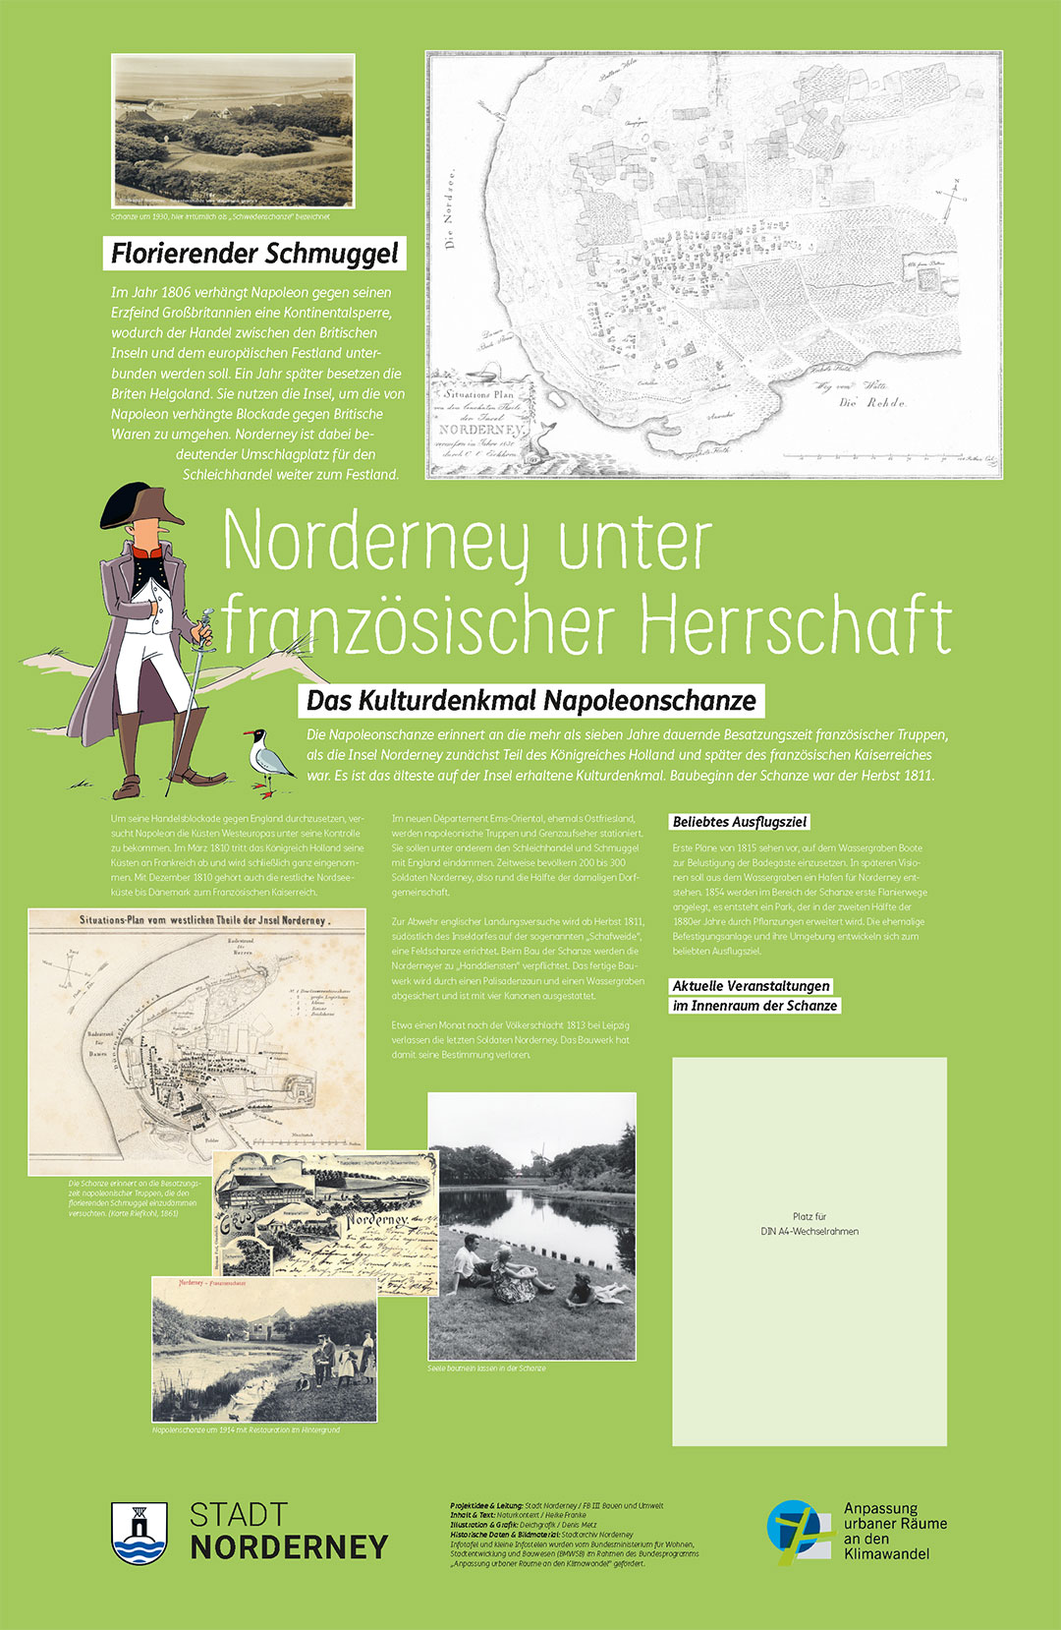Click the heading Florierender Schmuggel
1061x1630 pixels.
[254, 253]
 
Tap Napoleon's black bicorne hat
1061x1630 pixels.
[144, 505]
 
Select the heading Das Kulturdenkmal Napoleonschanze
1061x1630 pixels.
[530, 701]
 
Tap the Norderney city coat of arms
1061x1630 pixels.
[139, 1533]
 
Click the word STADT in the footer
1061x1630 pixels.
[239, 1515]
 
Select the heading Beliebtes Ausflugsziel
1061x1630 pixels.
[741, 822]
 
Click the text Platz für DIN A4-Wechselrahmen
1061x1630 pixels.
[810, 1224]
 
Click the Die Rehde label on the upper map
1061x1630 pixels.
[871, 402]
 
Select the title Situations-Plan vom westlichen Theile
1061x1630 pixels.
[202, 920]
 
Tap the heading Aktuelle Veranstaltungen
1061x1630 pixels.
[752, 986]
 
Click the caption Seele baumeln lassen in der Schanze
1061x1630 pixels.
[486, 1368]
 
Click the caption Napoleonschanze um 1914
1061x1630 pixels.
[246, 1429]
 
